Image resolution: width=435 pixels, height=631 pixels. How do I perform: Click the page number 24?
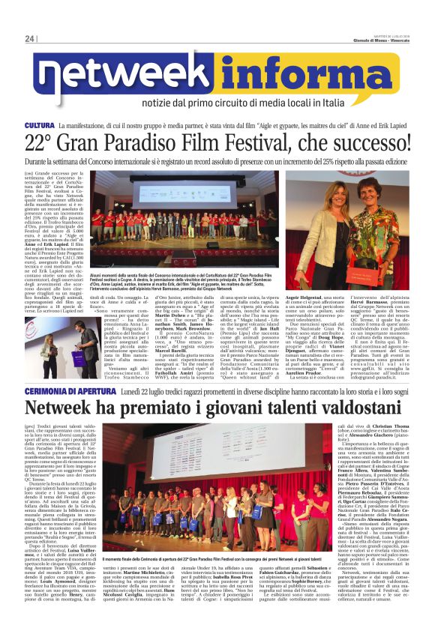pyautogui.click(x=30, y=40)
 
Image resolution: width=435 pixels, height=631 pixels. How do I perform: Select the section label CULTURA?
pyautogui.click(x=40, y=125)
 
